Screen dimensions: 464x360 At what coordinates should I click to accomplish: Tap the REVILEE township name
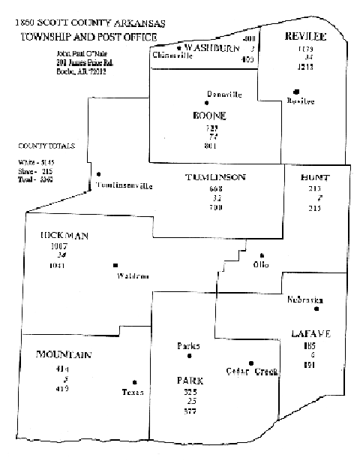coord(304,37)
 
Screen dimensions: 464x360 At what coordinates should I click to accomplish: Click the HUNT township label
coord(314,177)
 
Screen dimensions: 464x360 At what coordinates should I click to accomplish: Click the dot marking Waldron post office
coord(115,265)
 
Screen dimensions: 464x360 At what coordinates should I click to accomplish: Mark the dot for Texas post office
coord(134,381)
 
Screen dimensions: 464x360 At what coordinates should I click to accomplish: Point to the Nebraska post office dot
coord(317,309)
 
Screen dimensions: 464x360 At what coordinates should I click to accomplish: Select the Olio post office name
coord(260,265)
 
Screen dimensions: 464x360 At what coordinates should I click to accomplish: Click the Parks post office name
coord(188,346)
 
